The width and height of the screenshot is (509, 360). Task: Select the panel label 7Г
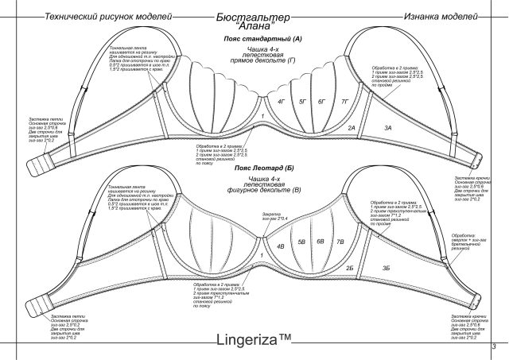click(344, 103)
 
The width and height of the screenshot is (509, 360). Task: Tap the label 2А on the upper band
click(351, 127)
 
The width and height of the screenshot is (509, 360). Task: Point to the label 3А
click(389, 127)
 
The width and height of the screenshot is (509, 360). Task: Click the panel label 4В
click(280, 246)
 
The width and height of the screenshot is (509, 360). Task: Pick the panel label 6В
click(321, 241)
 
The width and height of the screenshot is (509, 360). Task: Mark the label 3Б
click(387, 269)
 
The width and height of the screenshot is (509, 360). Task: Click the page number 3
click(494, 345)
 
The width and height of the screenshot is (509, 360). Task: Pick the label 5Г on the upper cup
click(302, 103)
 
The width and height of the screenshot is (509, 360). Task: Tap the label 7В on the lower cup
click(340, 241)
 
